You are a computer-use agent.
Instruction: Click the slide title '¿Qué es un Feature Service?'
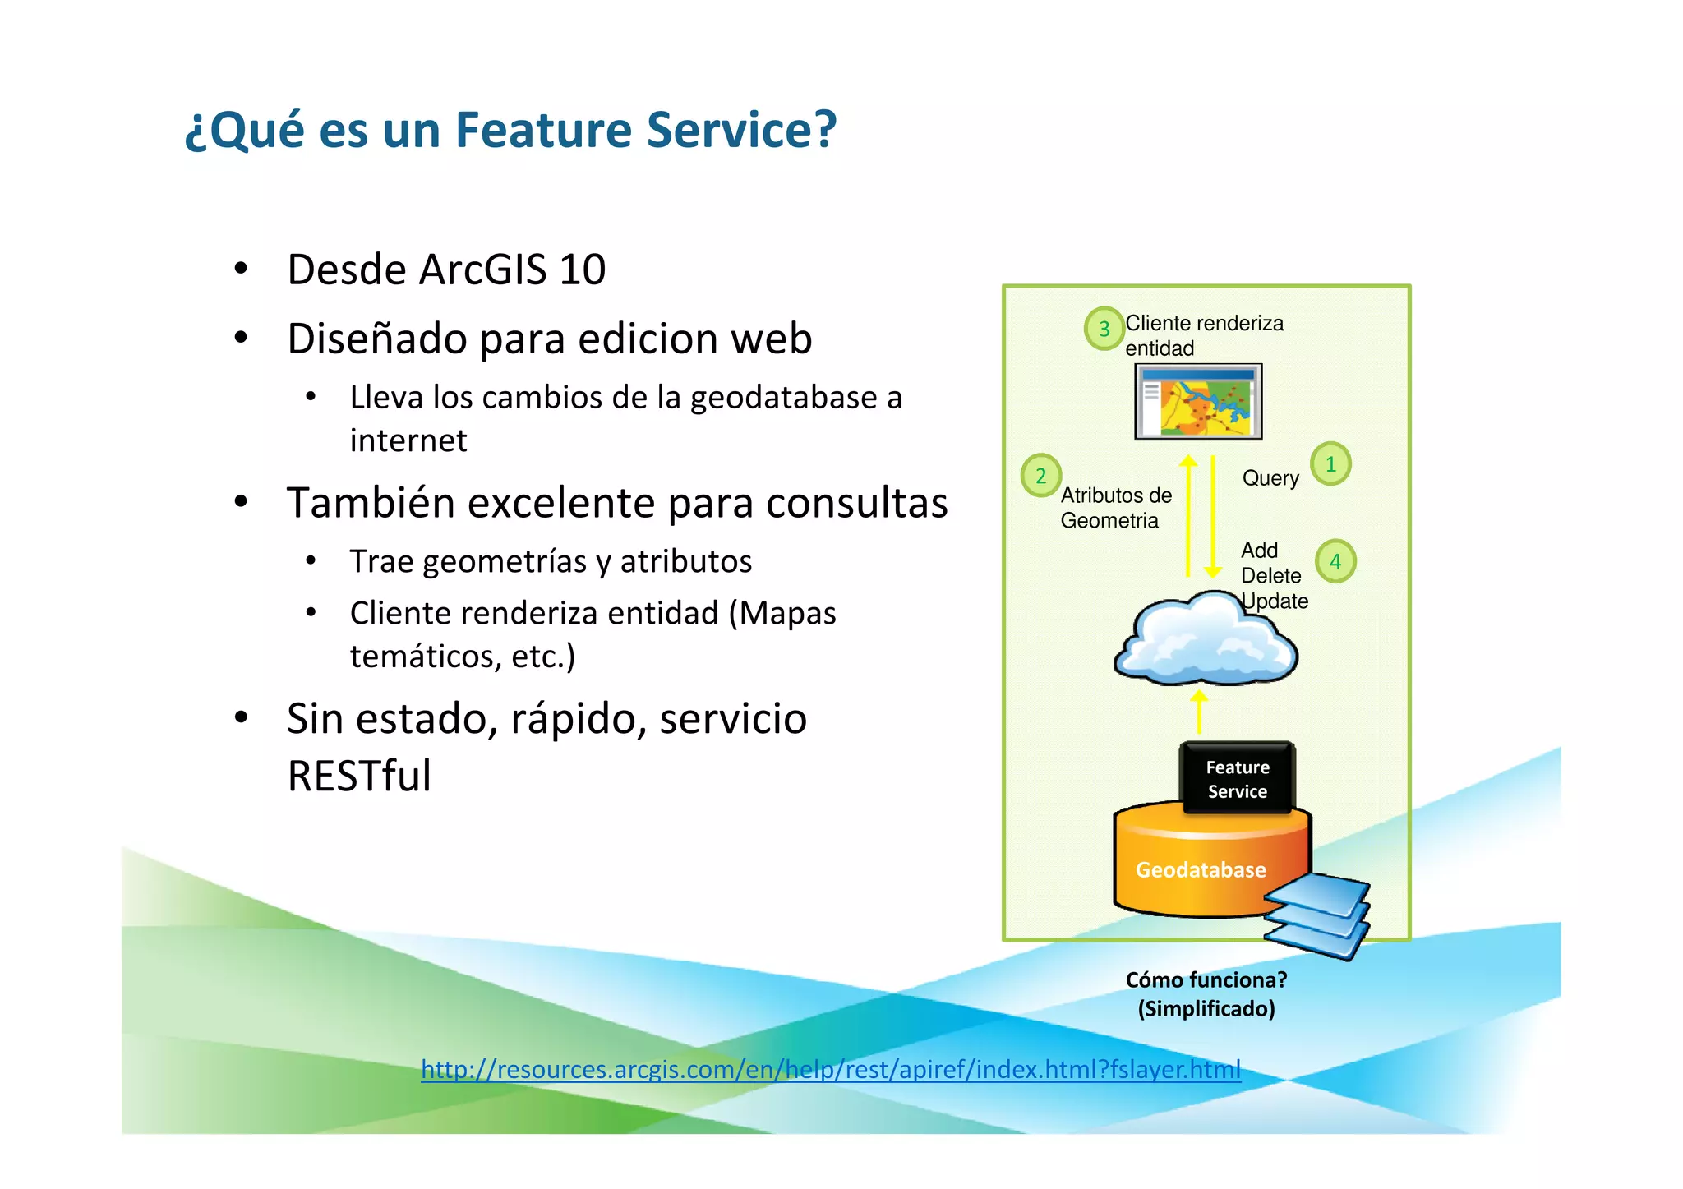point(510,130)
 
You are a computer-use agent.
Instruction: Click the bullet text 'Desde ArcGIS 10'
point(446,270)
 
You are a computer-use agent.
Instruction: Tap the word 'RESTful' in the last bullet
point(359,776)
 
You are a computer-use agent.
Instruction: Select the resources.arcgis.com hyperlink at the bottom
point(831,1069)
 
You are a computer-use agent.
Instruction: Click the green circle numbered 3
point(1104,329)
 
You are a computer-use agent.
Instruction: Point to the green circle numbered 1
point(1330,464)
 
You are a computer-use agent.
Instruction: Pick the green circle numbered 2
point(1040,476)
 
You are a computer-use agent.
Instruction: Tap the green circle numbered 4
point(1335,561)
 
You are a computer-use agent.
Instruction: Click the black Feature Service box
point(1237,779)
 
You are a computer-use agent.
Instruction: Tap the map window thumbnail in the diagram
point(1198,402)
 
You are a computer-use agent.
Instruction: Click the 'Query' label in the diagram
point(1270,478)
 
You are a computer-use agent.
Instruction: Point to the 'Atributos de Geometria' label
point(1115,508)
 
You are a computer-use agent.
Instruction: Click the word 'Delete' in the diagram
point(1270,575)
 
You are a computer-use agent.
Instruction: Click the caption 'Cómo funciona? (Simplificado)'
point(1206,994)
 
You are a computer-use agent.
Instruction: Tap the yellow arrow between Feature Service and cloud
point(1199,712)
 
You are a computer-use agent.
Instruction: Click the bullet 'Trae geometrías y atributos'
point(551,561)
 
